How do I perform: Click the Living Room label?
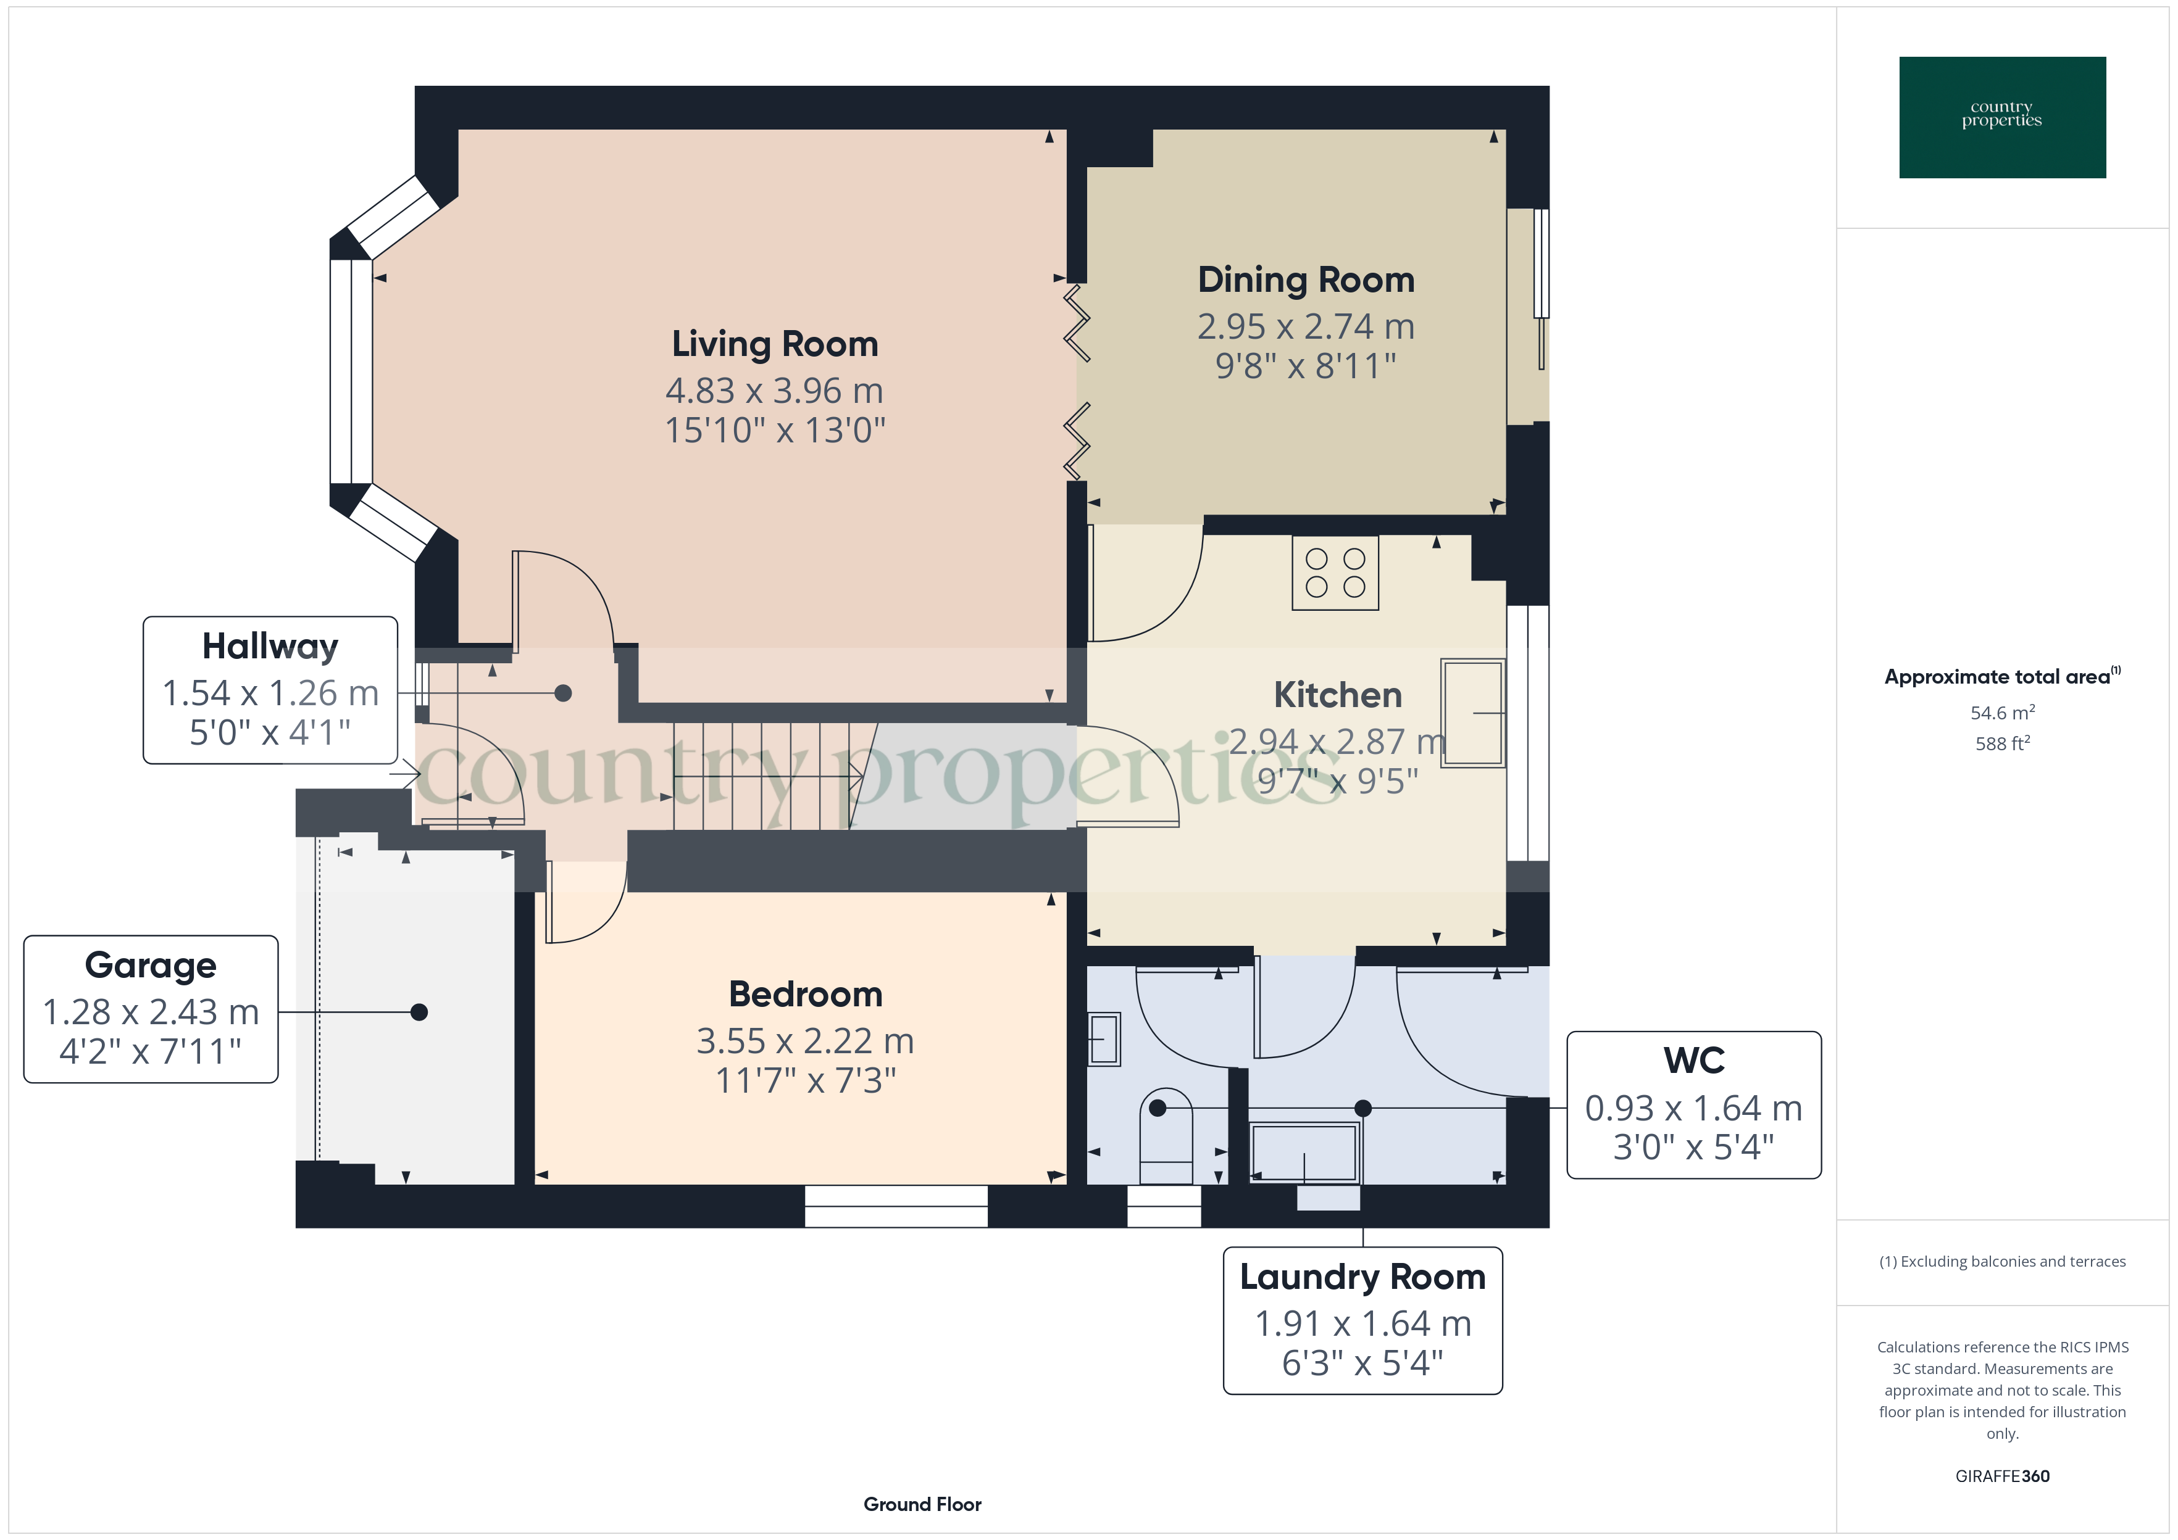point(775,344)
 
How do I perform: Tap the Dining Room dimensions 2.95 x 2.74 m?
point(1305,327)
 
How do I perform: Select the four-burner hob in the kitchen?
point(1335,573)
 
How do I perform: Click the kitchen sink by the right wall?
point(1472,712)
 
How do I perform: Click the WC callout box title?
point(1693,1060)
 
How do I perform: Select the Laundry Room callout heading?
point(1362,1277)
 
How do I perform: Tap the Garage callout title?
point(151,966)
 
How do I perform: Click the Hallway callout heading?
point(270,647)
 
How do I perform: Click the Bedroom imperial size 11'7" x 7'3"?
point(806,1081)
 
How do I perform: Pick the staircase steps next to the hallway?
point(759,776)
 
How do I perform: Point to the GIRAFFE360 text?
point(2001,1476)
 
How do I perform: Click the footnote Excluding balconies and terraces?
point(2001,1261)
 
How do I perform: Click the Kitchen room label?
point(1338,696)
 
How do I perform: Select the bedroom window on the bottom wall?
point(896,1206)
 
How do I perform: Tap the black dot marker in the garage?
point(419,1012)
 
